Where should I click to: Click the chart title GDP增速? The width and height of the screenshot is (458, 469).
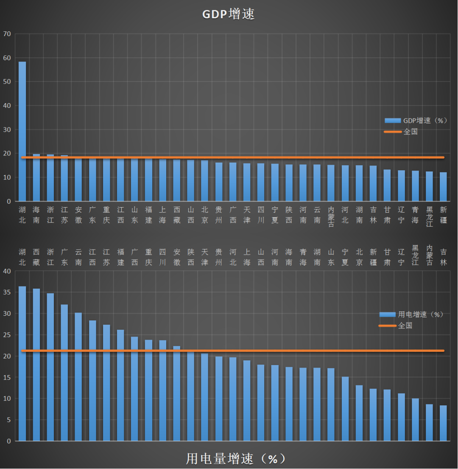228,14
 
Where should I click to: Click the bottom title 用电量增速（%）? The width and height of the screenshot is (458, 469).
236,459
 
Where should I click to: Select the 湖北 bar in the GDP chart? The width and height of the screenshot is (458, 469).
22,132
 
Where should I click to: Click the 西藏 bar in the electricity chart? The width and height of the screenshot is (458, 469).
36,365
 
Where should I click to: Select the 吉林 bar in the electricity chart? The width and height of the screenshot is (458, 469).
443,423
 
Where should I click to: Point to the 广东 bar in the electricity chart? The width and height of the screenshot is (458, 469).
64,373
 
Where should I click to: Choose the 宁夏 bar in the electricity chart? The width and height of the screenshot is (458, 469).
345,409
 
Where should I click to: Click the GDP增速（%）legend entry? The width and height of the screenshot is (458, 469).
416,121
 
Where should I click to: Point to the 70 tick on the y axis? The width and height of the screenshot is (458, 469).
7,34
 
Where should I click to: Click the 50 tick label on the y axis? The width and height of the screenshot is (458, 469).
7,81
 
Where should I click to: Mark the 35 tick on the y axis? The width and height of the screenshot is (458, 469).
8,292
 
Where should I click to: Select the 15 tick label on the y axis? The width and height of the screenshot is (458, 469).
8,377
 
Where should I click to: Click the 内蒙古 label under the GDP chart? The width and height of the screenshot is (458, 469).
331,216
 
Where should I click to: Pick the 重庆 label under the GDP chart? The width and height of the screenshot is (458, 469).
106,215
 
